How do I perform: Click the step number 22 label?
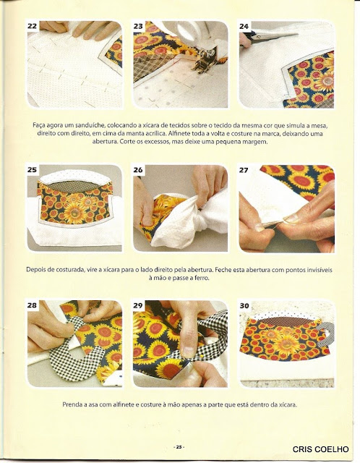pos(32,26)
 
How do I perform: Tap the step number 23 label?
pos(138,26)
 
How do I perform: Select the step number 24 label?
pos(244,26)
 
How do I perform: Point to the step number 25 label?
pos(32,170)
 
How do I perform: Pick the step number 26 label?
pos(138,170)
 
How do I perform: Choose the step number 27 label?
pos(244,170)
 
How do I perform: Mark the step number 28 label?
pos(32,305)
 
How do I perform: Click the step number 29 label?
pos(138,305)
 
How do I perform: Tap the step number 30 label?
pos(244,305)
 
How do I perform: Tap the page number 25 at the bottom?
pos(179,447)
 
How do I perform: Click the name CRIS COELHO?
pos(320,449)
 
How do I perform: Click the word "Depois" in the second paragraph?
pos(35,270)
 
